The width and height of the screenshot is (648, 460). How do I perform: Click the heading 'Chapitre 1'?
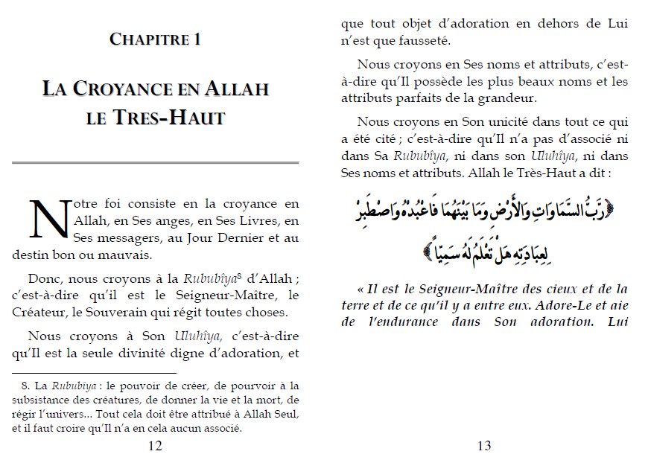click(x=155, y=39)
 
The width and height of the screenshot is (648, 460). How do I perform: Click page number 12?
click(x=155, y=446)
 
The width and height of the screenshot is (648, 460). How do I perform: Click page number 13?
click(x=483, y=446)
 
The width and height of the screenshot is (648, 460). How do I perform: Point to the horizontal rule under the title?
click(x=155, y=162)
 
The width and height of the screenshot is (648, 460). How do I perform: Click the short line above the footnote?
click(x=94, y=373)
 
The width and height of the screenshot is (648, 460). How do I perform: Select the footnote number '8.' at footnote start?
click(x=22, y=385)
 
